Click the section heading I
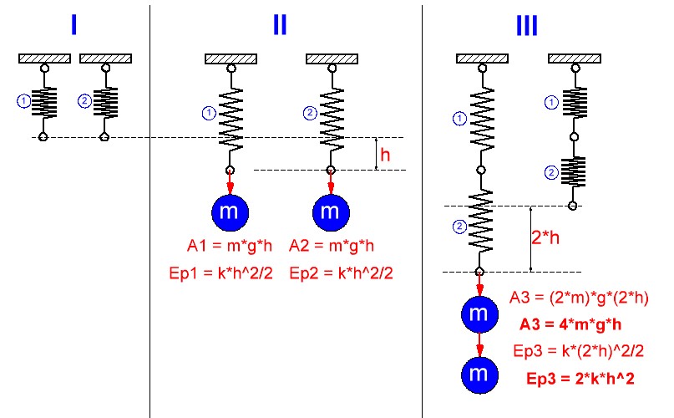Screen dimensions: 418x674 [73, 25]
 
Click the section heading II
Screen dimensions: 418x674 [279, 25]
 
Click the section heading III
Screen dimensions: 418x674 [526, 25]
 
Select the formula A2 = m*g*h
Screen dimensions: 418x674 [332, 246]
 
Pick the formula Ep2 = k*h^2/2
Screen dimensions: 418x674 [341, 273]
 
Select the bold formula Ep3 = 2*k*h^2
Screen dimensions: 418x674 [580, 379]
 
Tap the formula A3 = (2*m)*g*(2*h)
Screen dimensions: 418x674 [579, 298]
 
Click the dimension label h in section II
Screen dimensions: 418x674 [385, 155]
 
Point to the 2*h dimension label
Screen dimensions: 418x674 [546, 237]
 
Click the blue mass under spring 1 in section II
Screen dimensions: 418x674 [229, 213]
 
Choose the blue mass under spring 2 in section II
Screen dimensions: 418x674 [331, 213]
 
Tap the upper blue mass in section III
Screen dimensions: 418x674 [479, 315]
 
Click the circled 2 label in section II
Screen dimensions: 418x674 [309, 112]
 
